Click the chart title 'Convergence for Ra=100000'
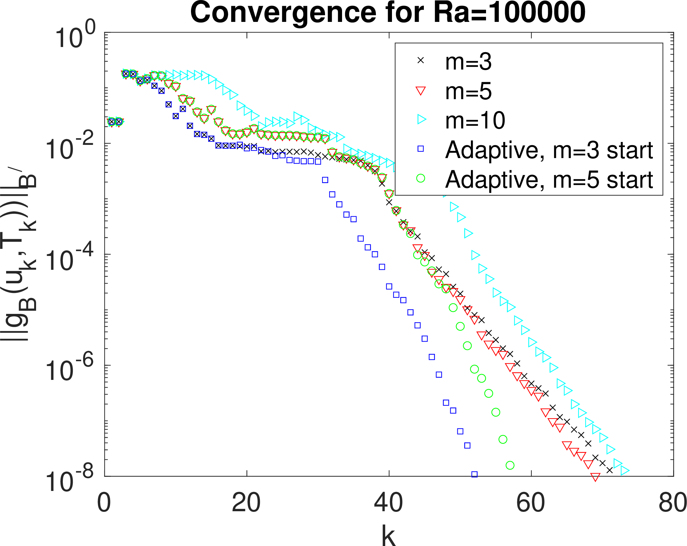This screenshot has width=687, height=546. coord(388,13)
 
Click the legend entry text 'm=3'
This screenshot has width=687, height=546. coord(468,61)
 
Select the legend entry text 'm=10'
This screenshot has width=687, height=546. coord(475,120)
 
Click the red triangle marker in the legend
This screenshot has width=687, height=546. coord(421,91)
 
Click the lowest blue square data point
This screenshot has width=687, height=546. coord(474,474)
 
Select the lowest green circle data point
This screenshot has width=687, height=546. coord(510,465)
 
